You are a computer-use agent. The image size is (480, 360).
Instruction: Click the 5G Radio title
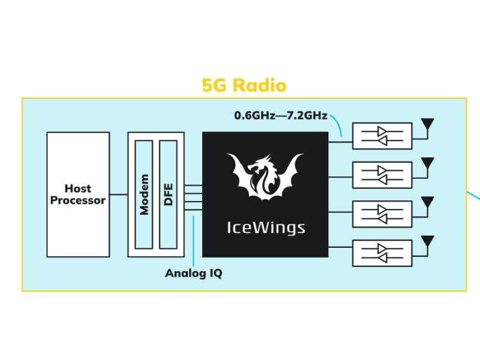[244, 85]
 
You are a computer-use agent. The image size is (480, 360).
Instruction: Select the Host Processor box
[78, 194]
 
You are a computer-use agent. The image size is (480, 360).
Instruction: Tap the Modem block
[144, 194]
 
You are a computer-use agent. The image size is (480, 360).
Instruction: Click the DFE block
[168, 194]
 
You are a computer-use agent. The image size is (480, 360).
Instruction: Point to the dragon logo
[265, 176]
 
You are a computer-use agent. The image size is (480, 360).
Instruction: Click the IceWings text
[265, 228]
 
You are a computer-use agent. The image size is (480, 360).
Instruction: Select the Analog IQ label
[193, 274]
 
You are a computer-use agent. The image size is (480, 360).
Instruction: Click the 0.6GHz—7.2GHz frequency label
[280, 115]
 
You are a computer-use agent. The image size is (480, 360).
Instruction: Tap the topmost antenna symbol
[427, 124]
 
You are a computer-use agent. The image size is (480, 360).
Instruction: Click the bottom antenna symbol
[427, 241]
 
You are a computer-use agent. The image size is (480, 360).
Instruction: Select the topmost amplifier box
[382, 136]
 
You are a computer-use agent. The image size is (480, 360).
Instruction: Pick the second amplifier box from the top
[382, 175]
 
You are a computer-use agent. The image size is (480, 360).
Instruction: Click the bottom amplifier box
[382, 253]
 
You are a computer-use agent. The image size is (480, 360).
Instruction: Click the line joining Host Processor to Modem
[119, 194]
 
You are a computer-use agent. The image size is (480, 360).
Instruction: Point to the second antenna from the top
[427, 163]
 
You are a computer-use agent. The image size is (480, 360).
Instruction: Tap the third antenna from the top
[427, 202]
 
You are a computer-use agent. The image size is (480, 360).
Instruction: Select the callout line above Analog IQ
[194, 240]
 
